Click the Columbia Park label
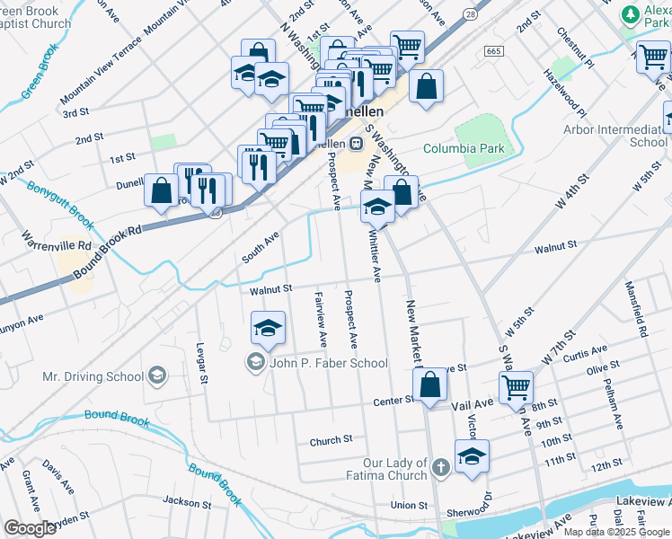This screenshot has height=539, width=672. coord(464,148)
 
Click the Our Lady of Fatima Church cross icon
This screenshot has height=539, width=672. coord(439,468)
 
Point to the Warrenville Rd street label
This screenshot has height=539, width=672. coord(59,243)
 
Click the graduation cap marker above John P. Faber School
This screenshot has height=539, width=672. coord(268,330)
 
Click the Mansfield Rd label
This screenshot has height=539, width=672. coord(636,308)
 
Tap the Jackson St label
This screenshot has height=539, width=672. coord(187,501)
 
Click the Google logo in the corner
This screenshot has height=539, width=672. coord(30,528)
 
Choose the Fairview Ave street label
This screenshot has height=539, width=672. coord(320,319)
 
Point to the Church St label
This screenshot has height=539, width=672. coord(331,441)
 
